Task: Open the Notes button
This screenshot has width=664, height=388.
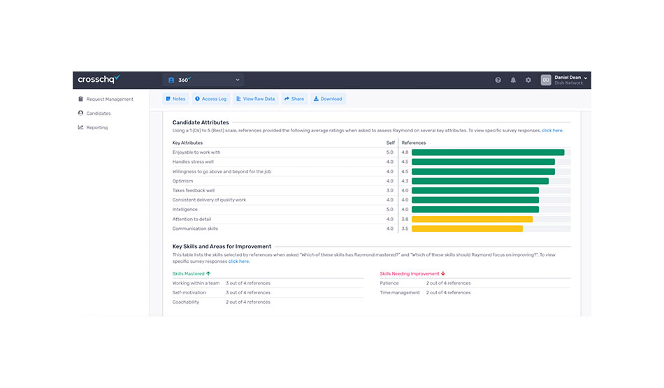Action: click(175, 99)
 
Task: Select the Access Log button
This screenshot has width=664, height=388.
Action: click(210, 99)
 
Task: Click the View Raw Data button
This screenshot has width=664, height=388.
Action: click(256, 99)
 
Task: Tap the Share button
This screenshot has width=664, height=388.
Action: click(294, 99)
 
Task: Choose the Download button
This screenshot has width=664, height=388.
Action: click(328, 99)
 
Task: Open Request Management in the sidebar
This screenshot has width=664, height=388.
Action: click(109, 99)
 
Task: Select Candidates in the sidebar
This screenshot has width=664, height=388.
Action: click(98, 113)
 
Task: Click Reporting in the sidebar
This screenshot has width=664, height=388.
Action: click(97, 127)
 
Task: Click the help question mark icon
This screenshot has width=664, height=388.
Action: click(498, 80)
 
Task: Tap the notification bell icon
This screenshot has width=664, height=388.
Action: click(513, 80)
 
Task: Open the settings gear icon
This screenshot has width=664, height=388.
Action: click(528, 80)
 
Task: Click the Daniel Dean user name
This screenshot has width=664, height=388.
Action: click(568, 77)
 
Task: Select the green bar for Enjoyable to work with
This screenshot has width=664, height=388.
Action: click(488, 152)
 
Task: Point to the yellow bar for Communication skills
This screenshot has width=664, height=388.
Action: click(467, 229)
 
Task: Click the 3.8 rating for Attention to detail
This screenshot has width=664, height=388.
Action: click(405, 219)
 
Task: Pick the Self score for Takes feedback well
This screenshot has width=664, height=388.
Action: click(390, 190)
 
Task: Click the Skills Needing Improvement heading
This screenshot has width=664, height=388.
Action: click(410, 273)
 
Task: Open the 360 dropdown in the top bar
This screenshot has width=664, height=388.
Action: click(203, 80)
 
